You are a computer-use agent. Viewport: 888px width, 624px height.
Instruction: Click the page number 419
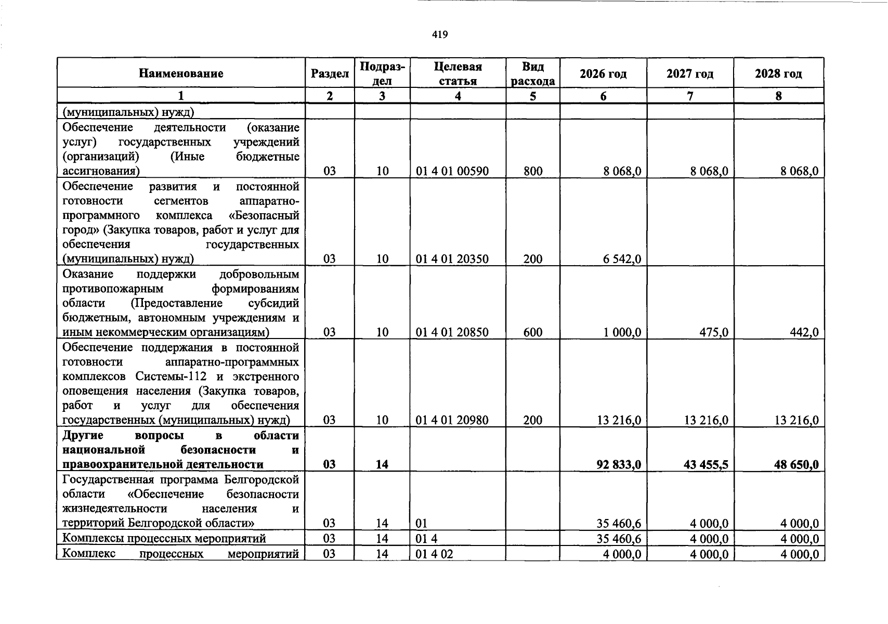439,35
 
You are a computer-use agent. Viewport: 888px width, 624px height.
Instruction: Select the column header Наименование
181,73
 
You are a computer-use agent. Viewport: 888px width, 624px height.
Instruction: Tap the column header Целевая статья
458,73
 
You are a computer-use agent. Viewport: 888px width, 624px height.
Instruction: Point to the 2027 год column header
690,74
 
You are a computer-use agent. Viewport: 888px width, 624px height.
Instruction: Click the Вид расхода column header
533,73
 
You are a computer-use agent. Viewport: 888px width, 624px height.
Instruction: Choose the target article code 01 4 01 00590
452,171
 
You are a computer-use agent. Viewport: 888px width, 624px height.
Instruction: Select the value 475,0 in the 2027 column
713,332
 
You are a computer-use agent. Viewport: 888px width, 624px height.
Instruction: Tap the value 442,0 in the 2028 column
804,332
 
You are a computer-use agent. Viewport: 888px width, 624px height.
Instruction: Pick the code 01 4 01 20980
452,420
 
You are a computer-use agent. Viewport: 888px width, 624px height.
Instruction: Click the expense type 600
533,332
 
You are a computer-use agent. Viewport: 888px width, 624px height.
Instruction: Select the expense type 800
533,171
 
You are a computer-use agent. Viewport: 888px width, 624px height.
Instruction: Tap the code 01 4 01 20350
452,259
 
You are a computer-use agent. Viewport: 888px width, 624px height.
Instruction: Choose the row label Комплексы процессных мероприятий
164,538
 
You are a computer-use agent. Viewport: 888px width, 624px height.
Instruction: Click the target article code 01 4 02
435,554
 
